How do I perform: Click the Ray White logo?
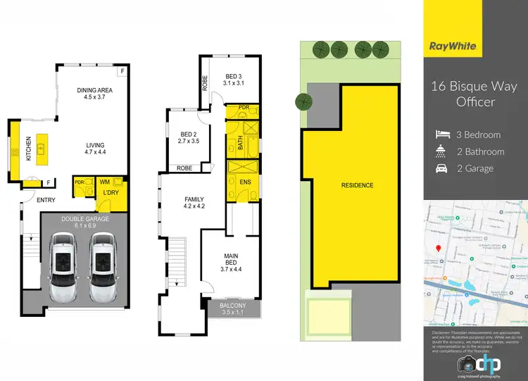(455, 46)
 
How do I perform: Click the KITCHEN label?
(29, 149)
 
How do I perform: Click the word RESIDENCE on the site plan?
(357, 185)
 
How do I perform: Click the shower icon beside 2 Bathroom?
(441, 151)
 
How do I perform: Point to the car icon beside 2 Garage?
(441, 168)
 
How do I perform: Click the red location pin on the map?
(438, 248)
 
